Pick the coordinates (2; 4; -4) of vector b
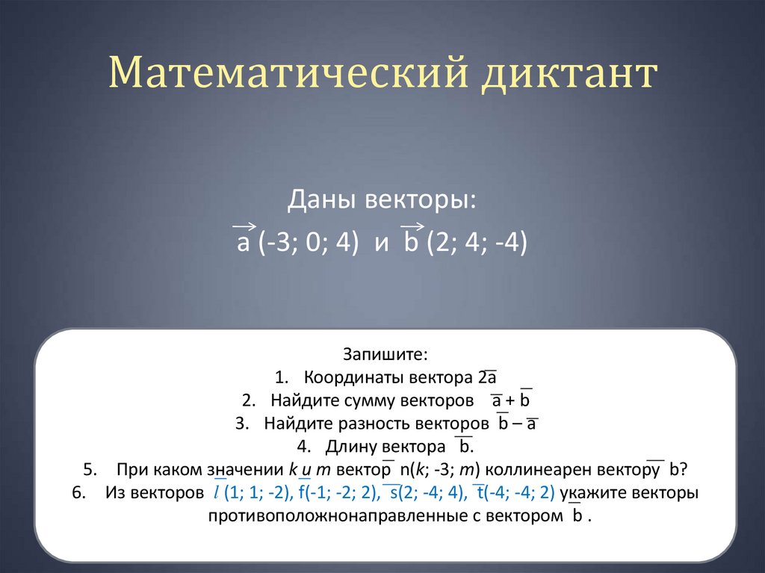pyautogui.click(x=477, y=244)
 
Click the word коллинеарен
pyautogui.click(x=563, y=471)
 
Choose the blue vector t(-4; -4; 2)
pyautogui.click(x=515, y=494)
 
